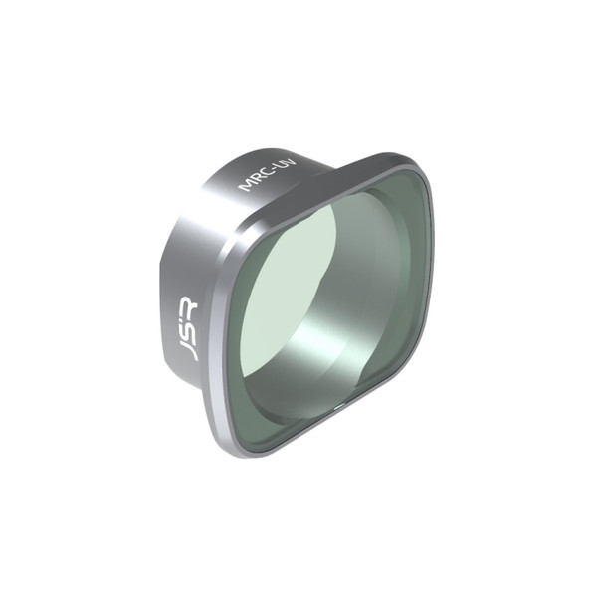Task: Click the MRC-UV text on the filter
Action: click(261, 173)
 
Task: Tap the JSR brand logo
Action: click(185, 329)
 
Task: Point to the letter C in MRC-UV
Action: click(261, 173)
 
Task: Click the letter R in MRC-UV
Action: click(253, 179)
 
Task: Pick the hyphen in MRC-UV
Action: click(267, 168)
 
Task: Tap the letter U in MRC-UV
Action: click(273, 164)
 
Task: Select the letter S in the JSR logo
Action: click(185, 329)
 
